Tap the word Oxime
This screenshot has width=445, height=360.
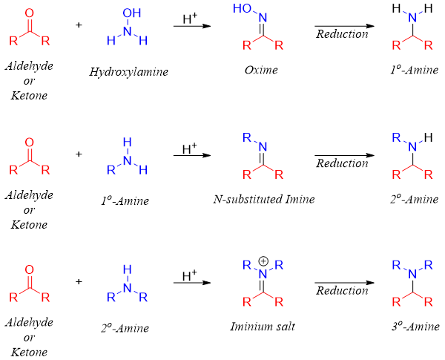(260, 71)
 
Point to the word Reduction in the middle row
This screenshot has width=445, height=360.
(342, 163)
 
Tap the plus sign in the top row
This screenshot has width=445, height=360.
(79, 25)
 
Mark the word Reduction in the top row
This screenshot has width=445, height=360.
(342, 34)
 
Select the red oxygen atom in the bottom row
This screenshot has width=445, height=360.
(30, 269)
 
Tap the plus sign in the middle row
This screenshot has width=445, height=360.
(79, 154)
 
